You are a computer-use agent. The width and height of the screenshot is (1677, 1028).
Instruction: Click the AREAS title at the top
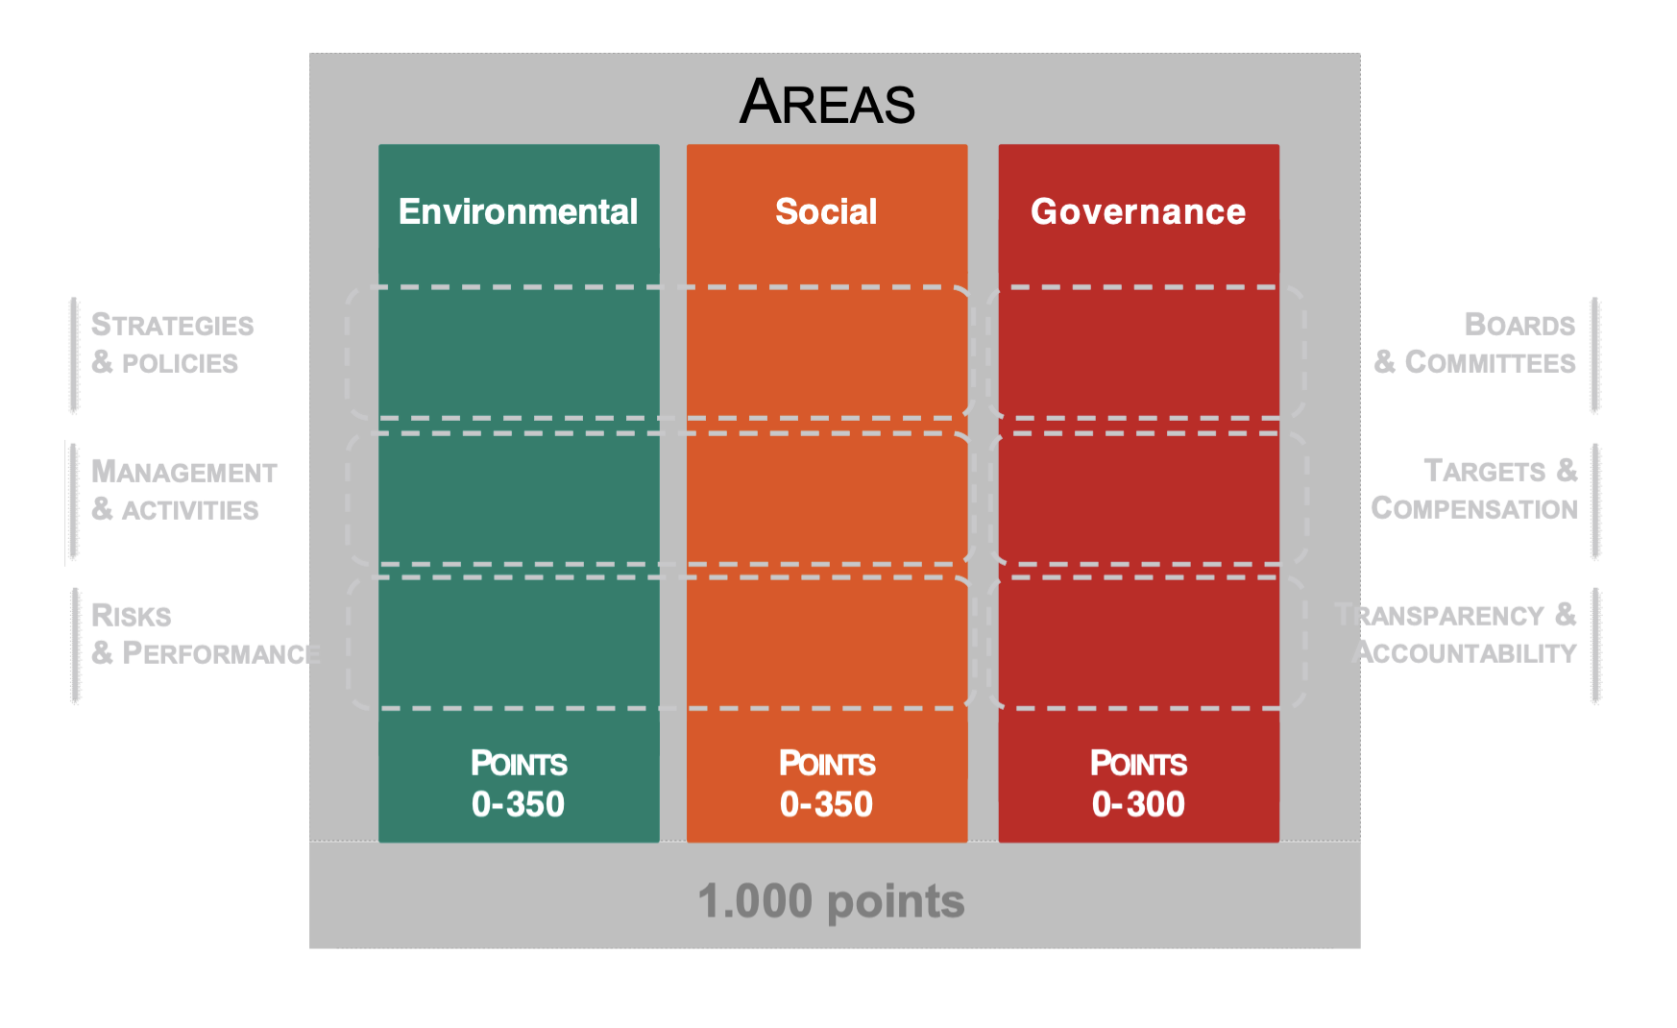(827, 102)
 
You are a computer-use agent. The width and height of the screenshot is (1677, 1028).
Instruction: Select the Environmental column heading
(518, 211)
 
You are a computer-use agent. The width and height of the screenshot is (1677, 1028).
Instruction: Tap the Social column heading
(826, 211)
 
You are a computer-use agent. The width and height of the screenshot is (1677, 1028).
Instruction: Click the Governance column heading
(1138, 211)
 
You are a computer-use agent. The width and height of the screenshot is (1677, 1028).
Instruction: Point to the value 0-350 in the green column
(518, 804)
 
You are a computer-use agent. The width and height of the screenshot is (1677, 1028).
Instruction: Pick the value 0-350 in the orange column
(826, 804)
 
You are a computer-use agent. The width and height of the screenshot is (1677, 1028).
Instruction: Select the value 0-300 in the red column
(1138, 804)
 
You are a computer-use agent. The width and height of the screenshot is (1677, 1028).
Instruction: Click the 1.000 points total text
(831, 901)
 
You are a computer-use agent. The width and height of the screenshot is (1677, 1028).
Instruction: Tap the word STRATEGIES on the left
(173, 325)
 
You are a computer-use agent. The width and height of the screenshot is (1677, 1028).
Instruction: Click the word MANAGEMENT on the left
(184, 472)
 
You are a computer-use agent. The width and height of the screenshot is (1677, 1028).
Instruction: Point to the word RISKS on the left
(132, 615)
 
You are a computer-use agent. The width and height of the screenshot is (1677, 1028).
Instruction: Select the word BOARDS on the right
(1519, 325)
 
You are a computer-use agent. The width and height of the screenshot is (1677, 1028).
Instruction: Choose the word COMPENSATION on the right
(1474, 508)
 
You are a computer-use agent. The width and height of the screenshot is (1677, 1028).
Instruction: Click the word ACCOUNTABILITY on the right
(1465, 653)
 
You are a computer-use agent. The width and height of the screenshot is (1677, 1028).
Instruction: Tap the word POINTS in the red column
(1138, 764)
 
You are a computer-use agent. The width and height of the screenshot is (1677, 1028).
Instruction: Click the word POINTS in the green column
(519, 764)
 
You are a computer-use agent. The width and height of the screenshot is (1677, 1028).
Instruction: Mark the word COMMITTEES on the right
(1490, 362)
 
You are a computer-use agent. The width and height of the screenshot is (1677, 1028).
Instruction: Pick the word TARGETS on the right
(1485, 471)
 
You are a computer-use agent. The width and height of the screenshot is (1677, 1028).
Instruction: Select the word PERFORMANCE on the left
(222, 653)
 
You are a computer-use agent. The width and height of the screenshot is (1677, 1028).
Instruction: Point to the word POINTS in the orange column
(827, 764)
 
